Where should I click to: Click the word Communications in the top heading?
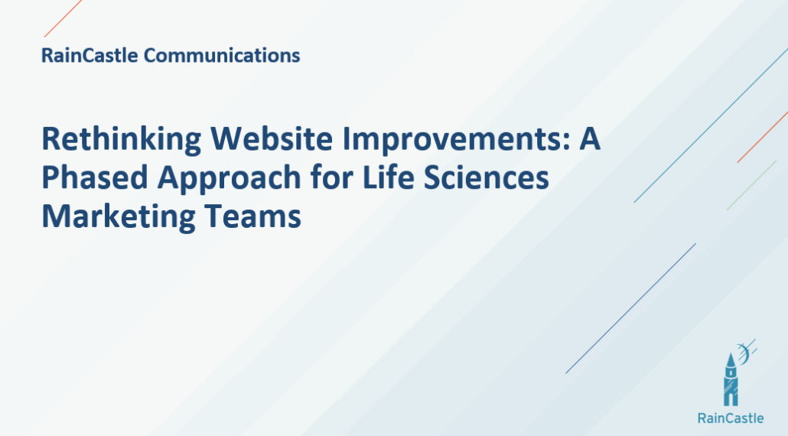[222, 55]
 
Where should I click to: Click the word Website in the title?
[272, 138]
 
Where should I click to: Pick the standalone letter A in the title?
[590, 139]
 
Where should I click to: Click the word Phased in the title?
[94, 177]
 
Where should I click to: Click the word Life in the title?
[388, 177]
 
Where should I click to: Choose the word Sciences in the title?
[486, 177]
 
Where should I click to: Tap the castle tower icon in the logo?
[731, 379]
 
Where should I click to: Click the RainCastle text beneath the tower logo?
[731, 418]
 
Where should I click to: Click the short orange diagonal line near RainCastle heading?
[63, 18]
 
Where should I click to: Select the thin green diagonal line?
[751, 185]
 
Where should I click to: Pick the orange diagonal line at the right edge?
[762, 137]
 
